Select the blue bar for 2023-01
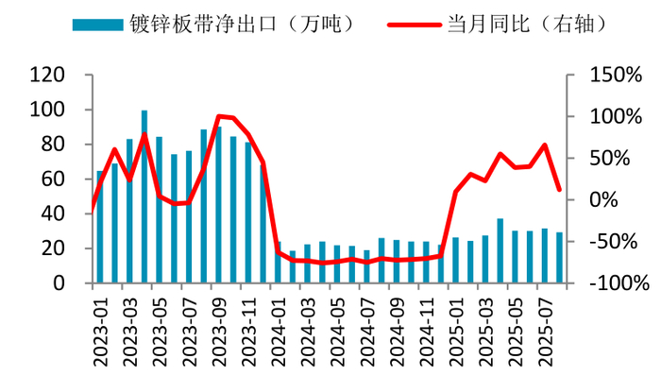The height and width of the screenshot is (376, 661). click(x=100, y=227)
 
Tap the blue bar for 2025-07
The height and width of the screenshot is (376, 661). click(x=544, y=256)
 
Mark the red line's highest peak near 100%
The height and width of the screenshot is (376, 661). click(x=219, y=116)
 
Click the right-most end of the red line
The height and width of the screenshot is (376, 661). click(x=559, y=190)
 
